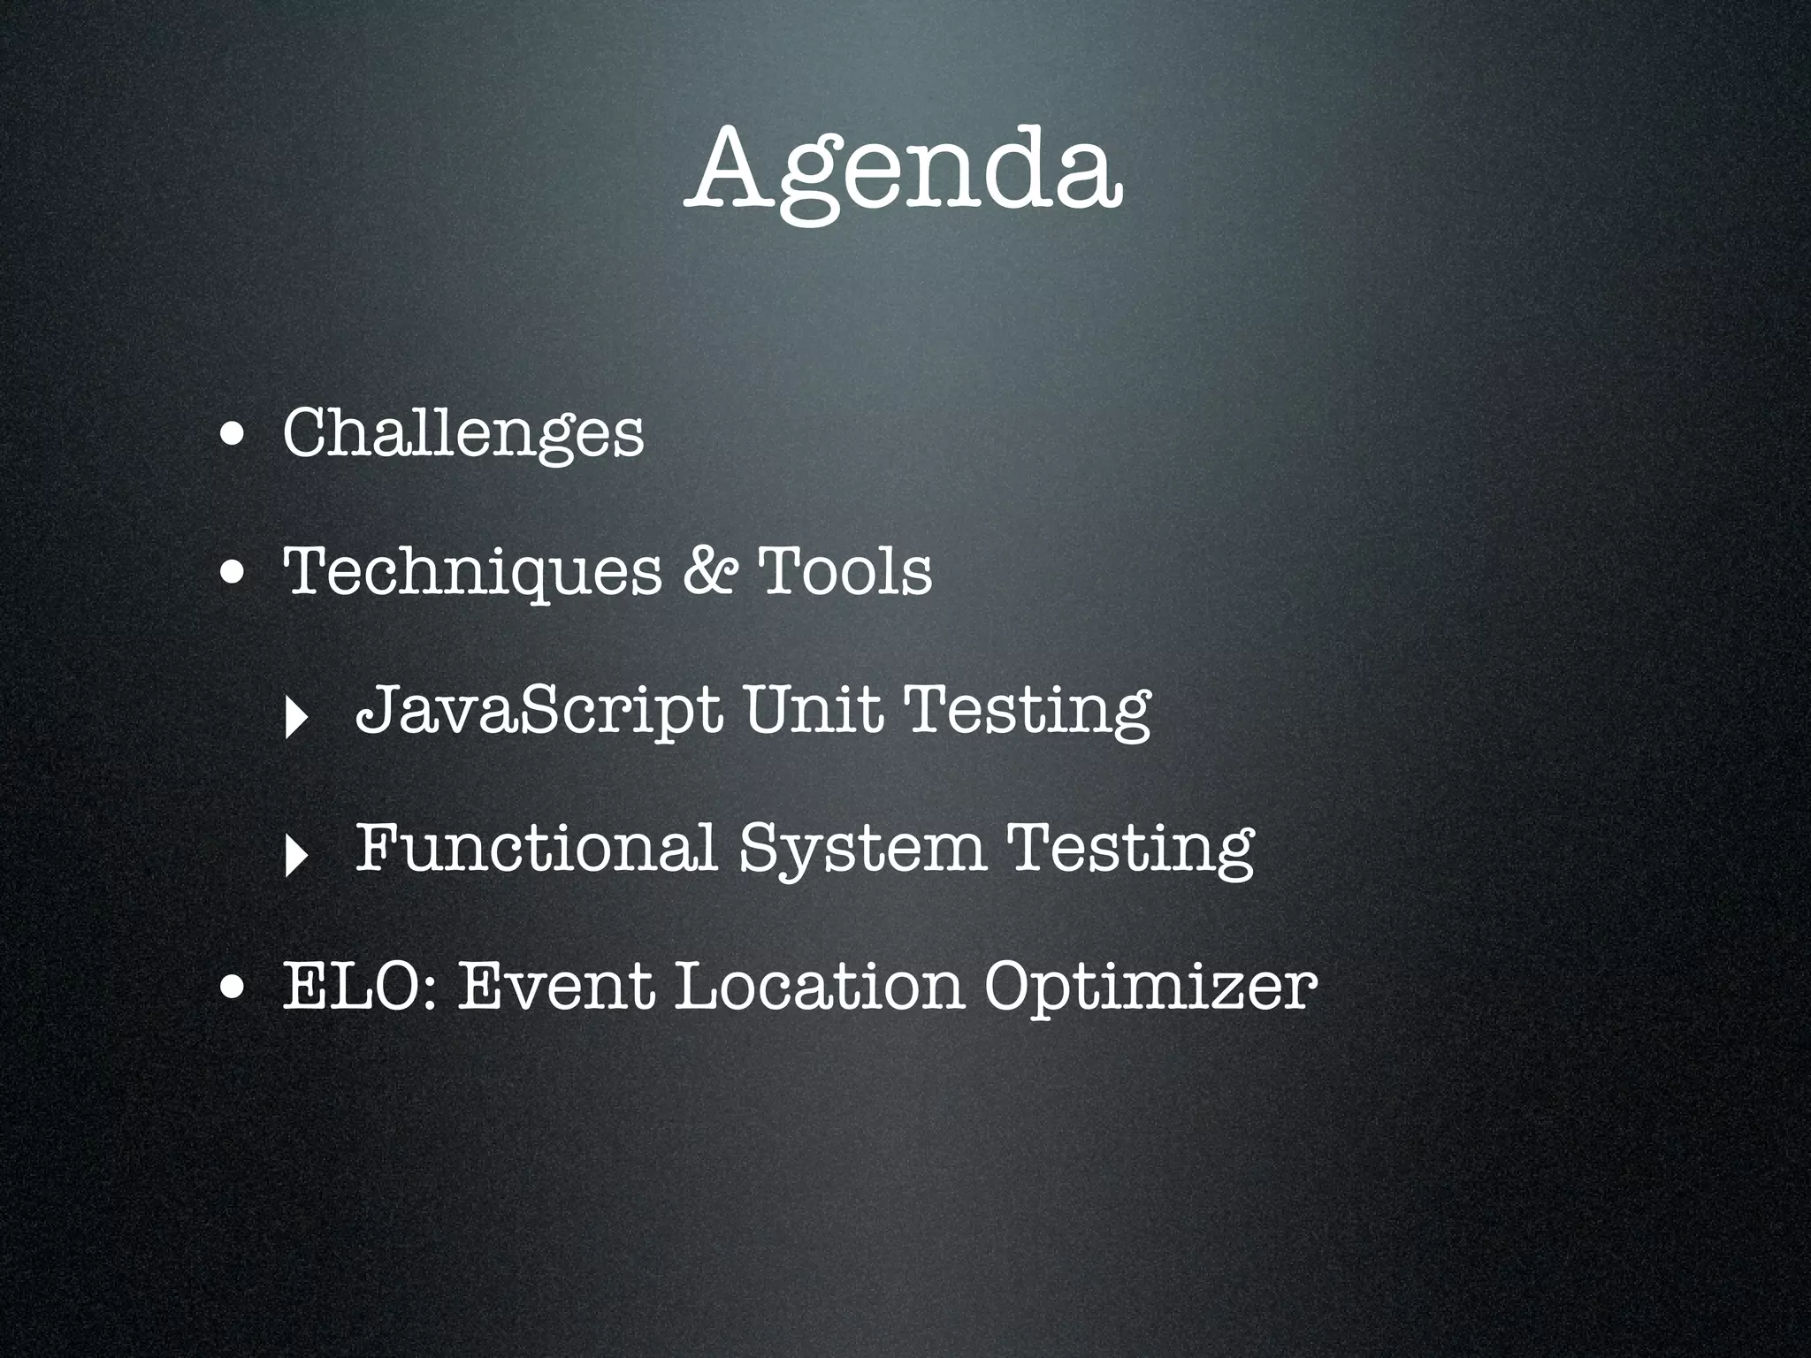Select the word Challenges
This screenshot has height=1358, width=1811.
(x=463, y=433)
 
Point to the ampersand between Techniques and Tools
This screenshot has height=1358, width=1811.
(x=711, y=570)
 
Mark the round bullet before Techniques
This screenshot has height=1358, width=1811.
(x=234, y=575)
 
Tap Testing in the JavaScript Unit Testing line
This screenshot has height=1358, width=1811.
(x=1029, y=711)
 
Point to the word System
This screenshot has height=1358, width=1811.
(x=862, y=849)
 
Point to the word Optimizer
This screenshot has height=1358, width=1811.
(x=1150, y=988)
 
